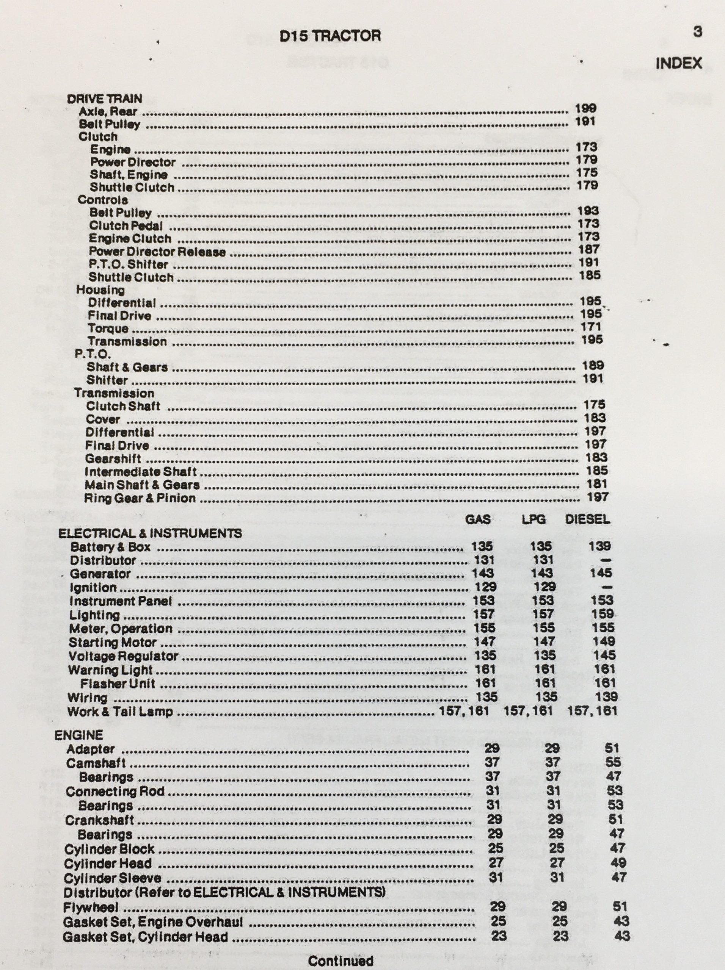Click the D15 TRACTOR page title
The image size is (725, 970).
point(330,36)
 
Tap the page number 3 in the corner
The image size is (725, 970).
point(697,31)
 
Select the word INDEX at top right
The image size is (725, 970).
point(678,64)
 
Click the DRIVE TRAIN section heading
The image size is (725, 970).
point(104,99)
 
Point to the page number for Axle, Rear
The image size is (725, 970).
point(585,108)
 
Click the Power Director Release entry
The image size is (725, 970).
point(157,252)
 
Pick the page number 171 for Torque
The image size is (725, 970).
point(591,327)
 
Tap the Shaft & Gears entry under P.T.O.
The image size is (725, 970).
point(127,368)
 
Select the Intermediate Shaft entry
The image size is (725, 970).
point(140,472)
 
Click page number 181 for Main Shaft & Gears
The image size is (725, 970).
point(597,484)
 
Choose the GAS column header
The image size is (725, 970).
point(477,519)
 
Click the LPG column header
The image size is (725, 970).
point(533,519)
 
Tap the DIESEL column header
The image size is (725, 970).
point(587,519)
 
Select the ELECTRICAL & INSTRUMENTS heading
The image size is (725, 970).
point(150,533)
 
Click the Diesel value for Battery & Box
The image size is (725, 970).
point(599,546)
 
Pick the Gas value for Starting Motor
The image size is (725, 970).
point(485,641)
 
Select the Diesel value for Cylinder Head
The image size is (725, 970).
point(618,863)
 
